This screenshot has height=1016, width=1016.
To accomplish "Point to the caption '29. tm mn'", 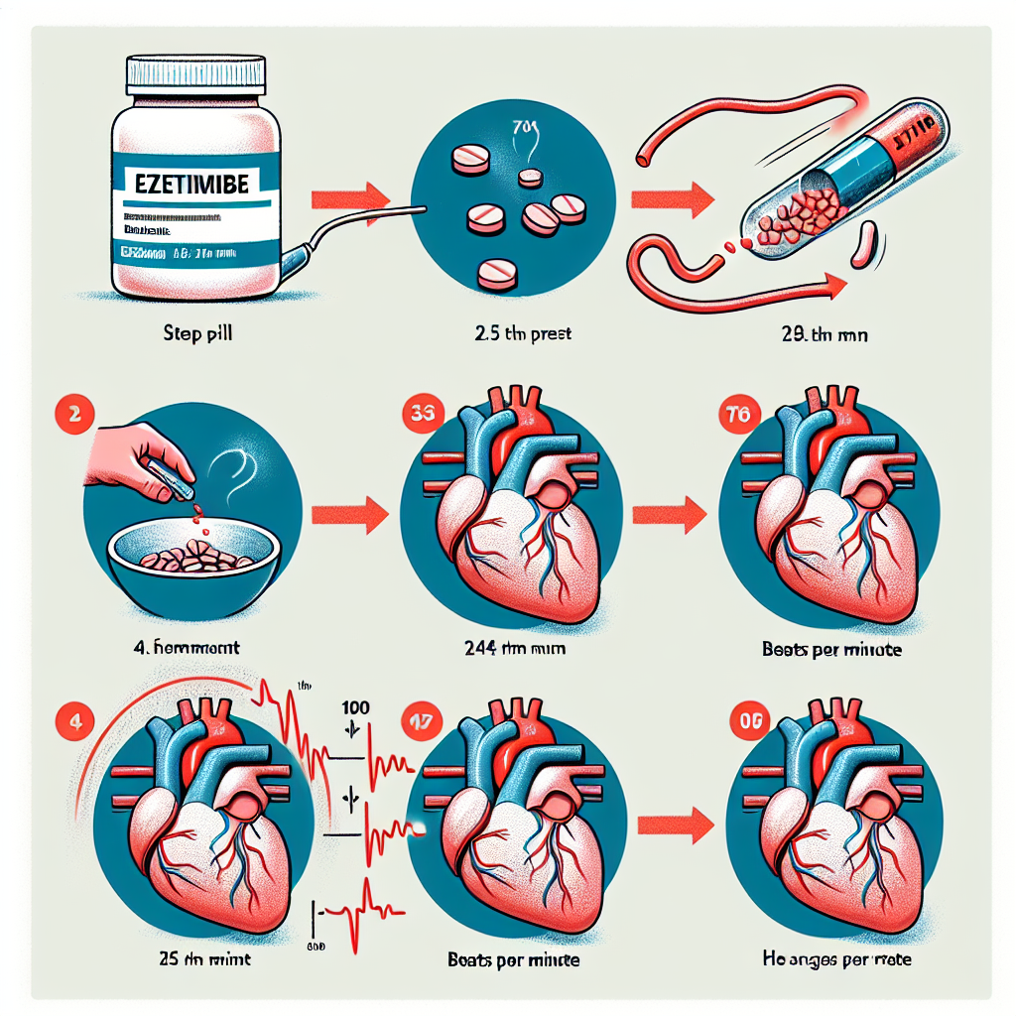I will pyautogui.click(x=825, y=335).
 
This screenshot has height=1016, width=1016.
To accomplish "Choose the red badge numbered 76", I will pyautogui.click(x=740, y=414).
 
